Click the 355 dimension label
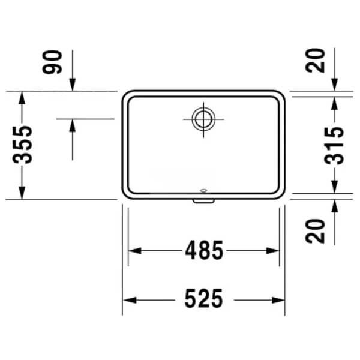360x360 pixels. click(22, 145)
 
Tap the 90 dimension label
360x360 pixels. click(52, 62)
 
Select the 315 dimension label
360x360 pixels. click(334, 146)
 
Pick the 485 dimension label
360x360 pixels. click(204, 250)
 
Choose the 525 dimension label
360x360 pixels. click(203, 298)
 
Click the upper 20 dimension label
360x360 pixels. click(315, 61)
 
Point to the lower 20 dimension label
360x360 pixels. click(315, 231)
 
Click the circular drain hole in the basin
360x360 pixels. click(203, 119)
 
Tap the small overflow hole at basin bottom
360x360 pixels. click(203, 190)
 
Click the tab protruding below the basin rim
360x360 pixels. click(203, 201)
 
